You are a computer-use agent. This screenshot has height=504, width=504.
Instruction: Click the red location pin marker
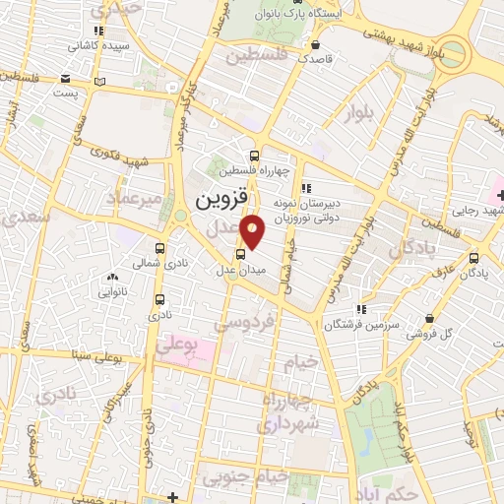pos(253,229)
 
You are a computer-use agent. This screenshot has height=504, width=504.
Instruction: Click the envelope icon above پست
pos(64,79)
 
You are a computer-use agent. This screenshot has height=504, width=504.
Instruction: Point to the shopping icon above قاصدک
pos(314,45)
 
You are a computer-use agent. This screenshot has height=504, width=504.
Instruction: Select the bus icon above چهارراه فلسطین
pos(255,156)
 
